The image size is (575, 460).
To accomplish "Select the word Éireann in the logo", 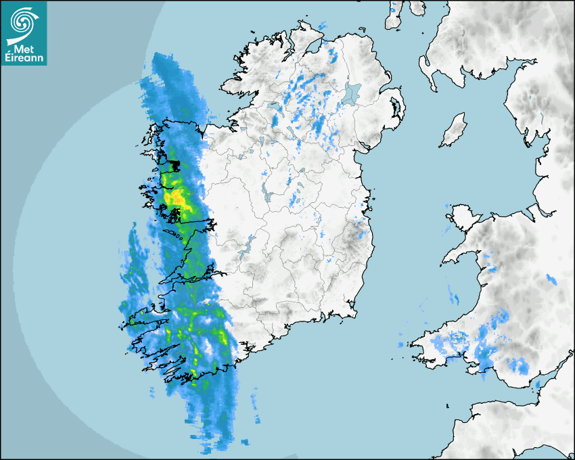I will point(25,57).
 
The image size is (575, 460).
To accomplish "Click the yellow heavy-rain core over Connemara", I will point(177,197).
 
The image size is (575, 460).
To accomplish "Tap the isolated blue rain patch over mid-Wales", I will point(551,279).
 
